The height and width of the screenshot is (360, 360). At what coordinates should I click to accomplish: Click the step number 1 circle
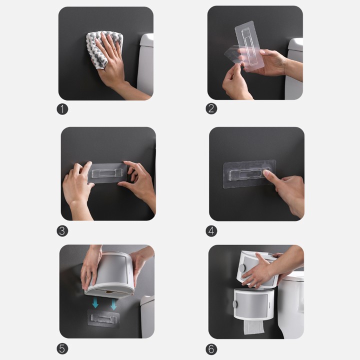(x=62, y=109)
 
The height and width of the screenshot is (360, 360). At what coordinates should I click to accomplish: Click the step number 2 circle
(x=211, y=108)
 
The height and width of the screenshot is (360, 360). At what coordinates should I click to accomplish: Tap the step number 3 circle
(x=62, y=230)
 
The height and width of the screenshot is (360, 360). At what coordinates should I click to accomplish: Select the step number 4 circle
(x=211, y=230)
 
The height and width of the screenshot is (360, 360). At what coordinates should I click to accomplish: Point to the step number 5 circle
(x=62, y=349)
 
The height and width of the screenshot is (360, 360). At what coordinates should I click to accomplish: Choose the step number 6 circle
(x=211, y=349)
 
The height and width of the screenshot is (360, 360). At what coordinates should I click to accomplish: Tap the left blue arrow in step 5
(x=95, y=302)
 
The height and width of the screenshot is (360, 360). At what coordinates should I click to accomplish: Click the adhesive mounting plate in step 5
(x=103, y=318)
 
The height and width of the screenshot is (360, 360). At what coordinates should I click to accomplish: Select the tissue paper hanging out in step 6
(x=254, y=327)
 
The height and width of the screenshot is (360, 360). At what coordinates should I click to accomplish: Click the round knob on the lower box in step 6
(x=235, y=304)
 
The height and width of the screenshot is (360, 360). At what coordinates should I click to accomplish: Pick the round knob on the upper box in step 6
(x=242, y=267)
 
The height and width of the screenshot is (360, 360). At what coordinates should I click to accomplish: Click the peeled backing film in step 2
(x=232, y=54)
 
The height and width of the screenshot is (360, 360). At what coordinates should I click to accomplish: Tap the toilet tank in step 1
(x=145, y=64)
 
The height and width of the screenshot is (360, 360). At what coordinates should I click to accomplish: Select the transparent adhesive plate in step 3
(x=107, y=173)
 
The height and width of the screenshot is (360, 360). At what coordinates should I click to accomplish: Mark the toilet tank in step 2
(x=294, y=69)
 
